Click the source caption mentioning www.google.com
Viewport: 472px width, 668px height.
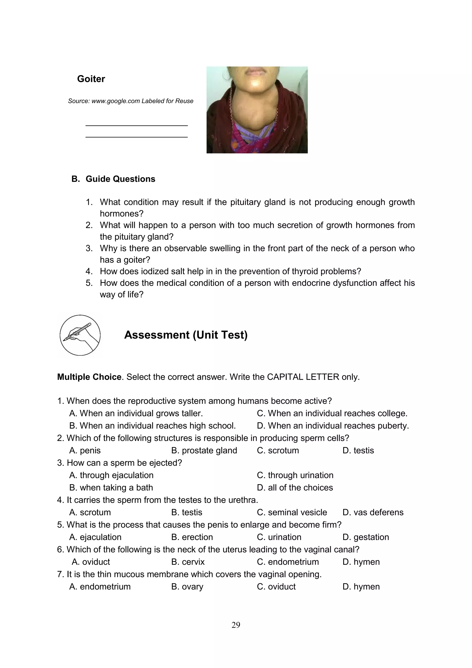click(x=130, y=101)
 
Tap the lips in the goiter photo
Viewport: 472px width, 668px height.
click(x=255, y=71)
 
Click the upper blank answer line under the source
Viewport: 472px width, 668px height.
click(x=137, y=125)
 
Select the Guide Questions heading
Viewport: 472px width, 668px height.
click(x=120, y=179)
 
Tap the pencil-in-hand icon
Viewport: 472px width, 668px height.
click(x=80, y=335)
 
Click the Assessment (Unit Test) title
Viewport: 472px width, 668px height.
click(x=186, y=335)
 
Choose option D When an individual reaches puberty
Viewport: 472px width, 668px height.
click(x=333, y=426)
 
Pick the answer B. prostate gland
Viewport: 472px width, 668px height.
click(x=204, y=450)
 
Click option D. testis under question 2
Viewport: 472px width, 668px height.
click(x=358, y=450)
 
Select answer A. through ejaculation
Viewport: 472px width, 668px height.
click(x=111, y=475)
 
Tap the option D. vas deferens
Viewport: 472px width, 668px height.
click(x=373, y=512)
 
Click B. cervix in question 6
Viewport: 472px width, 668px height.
click(x=188, y=561)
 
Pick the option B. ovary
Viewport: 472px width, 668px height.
click(x=187, y=586)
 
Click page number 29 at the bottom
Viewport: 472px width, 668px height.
click(x=236, y=625)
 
